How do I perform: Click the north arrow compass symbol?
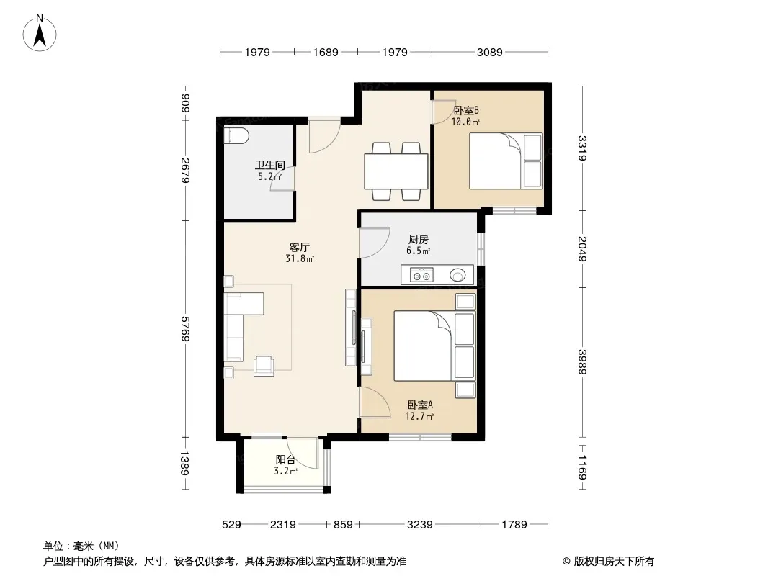tap(40, 32)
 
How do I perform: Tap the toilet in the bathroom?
tap(236, 136)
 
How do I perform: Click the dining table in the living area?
tap(396, 171)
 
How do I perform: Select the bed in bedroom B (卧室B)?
tap(506, 161)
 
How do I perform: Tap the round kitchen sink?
tap(457, 276)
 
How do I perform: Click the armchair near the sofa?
tap(264, 366)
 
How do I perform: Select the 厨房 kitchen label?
tap(419, 239)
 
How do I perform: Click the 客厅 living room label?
tap(299, 247)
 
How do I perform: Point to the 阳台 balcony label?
tap(285, 459)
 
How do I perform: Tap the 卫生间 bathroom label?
tap(270, 165)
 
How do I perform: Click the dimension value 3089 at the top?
tap(490, 52)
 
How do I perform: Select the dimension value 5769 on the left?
tap(185, 329)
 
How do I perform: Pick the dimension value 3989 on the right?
tap(582, 361)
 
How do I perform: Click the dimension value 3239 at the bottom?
tap(420, 525)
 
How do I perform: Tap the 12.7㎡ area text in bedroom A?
tap(420, 416)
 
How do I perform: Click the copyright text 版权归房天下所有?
tap(613, 562)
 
